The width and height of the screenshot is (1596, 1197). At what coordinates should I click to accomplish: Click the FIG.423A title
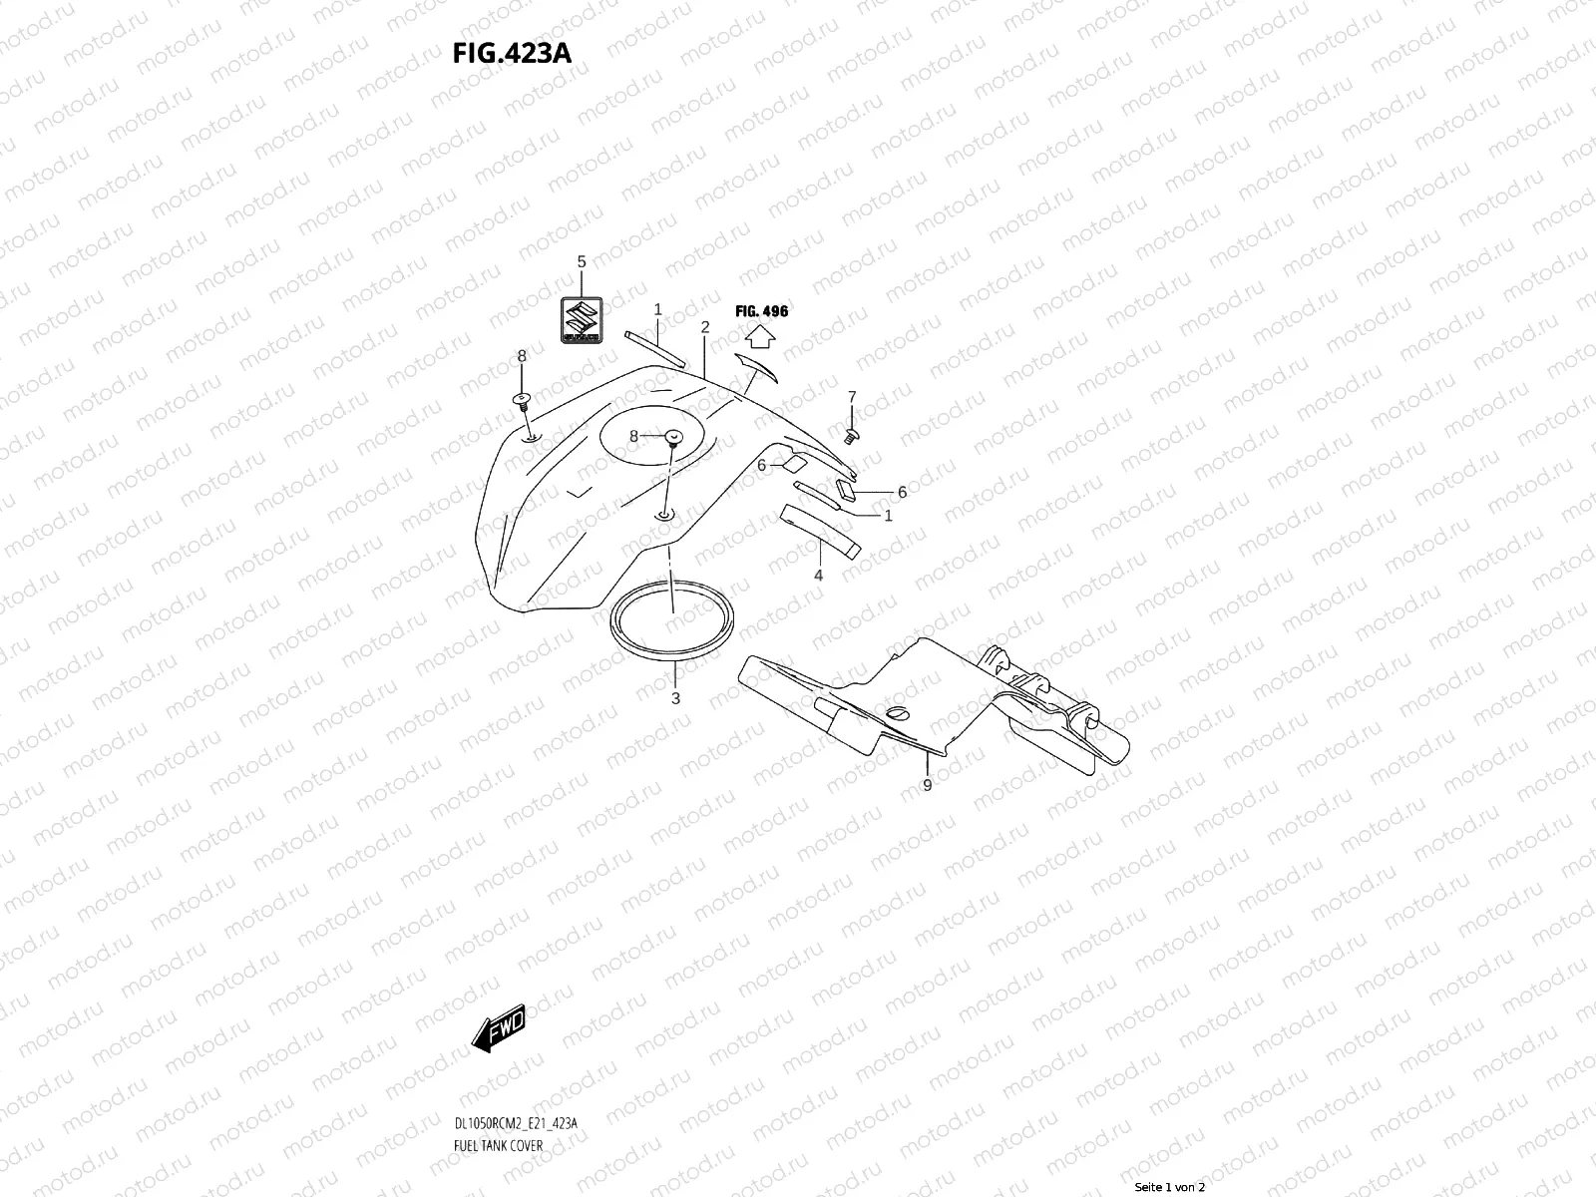[x=512, y=52]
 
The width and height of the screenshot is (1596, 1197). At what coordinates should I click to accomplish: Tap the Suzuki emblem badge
[x=581, y=321]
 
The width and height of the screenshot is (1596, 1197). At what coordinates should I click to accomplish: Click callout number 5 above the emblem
[x=582, y=262]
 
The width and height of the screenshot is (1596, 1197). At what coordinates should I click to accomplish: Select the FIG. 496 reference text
[x=761, y=311]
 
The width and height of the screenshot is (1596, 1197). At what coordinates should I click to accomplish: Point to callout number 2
[x=704, y=327]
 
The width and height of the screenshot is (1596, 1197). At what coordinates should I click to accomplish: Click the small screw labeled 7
[x=851, y=436]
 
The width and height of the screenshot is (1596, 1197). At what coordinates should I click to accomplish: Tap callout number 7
[x=852, y=397]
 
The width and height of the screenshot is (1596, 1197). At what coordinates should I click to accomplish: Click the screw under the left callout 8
[x=522, y=400]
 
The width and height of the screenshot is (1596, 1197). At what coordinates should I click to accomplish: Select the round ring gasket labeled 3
[x=673, y=624]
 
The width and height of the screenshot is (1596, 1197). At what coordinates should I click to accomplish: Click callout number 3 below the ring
[x=675, y=698]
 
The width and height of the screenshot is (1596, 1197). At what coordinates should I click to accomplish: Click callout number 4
[x=818, y=576]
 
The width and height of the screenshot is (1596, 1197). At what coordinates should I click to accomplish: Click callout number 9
[x=927, y=786]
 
